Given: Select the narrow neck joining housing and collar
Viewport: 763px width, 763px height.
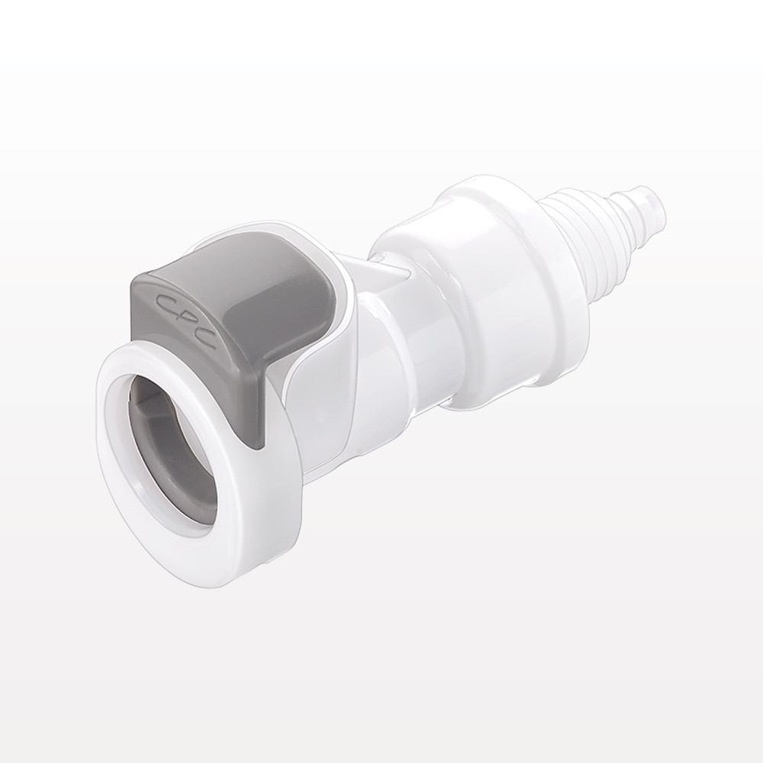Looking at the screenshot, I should click(x=397, y=343).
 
